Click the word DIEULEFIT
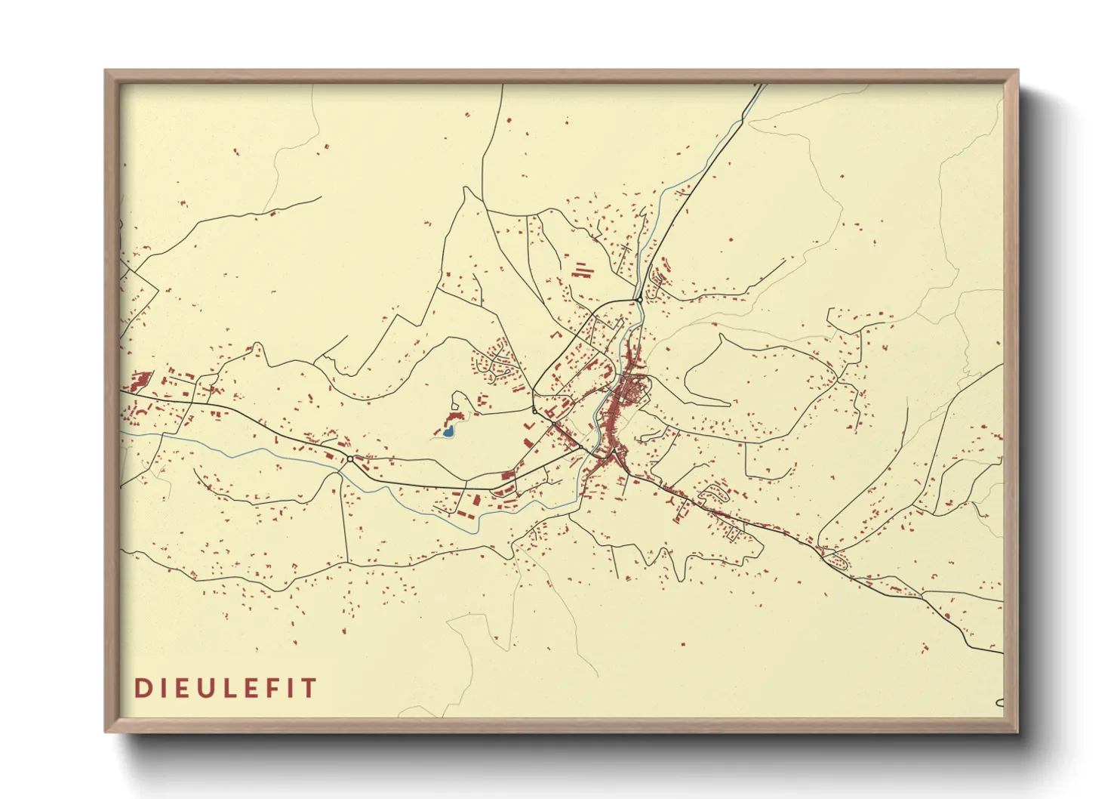coord(226,688)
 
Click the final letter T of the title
coord(309,688)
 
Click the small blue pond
coord(448,432)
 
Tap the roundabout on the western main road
coord(350,458)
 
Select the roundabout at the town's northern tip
coord(639,300)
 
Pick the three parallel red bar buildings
coord(580,270)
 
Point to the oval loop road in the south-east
coord(835,560)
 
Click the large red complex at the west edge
coord(141,379)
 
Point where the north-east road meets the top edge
coord(762,85)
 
